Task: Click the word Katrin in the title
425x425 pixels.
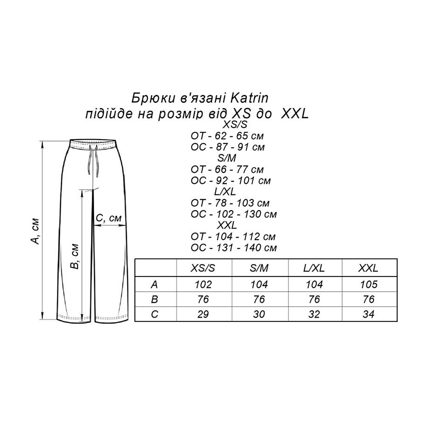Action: (x=249, y=98)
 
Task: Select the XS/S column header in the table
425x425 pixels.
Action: (x=202, y=268)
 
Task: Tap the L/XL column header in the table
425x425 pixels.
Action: (x=314, y=268)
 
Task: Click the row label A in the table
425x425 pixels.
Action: (x=154, y=284)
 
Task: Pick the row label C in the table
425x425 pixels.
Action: (x=154, y=314)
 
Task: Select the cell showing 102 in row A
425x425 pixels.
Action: (x=203, y=284)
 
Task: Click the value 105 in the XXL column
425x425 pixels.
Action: (x=368, y=284)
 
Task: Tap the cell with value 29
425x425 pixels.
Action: (x=203, y=314)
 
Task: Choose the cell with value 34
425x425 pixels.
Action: (x=368, y=314)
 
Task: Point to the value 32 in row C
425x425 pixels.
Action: (x=314, y=314)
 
